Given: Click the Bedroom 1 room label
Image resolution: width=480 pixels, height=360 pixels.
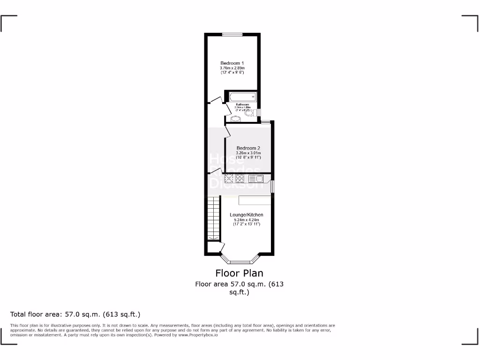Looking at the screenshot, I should tap(232, 63).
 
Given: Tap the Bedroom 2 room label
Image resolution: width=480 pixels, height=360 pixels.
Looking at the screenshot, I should tap(248, 148).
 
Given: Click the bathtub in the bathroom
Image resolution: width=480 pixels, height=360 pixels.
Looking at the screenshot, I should tap(242, 97).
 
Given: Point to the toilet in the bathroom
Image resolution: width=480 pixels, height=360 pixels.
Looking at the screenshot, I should tap(250, 112).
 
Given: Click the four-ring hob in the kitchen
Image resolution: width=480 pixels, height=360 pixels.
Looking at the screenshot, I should tap(240, 178).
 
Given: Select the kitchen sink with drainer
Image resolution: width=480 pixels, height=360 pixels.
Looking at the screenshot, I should tap(256, 178).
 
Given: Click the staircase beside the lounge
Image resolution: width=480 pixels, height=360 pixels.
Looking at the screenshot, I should tap(213, 218).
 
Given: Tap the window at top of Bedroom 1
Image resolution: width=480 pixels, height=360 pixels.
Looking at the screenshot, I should tap(232, 33).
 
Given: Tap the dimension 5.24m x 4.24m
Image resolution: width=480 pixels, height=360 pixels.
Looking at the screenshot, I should tap(246, 220).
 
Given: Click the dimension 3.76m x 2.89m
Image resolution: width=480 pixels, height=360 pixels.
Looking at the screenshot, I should tap(232, 68).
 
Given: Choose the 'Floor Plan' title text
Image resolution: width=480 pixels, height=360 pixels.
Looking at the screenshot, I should tap(239, 273).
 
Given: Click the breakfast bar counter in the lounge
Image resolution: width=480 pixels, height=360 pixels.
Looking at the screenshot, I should tap(255, 200).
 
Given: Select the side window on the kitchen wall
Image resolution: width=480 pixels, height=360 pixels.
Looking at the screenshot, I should tap(273, 186).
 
